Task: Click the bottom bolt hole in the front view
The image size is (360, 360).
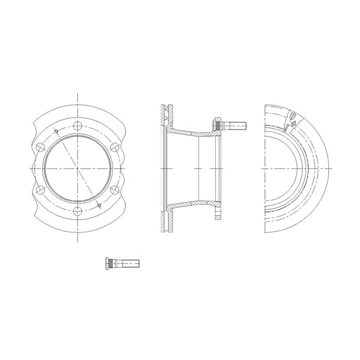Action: coord(78,211)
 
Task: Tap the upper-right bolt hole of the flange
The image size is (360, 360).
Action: coord(114,147)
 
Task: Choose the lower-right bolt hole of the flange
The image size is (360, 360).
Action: coord(114,189)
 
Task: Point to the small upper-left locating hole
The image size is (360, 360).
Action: coord(56,131)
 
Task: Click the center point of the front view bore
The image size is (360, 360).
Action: coord(78,168)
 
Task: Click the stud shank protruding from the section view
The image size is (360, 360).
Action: coord(236,124)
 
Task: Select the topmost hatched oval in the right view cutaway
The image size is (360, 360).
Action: coord(293,114)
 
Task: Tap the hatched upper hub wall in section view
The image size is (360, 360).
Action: coord(189,133)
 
